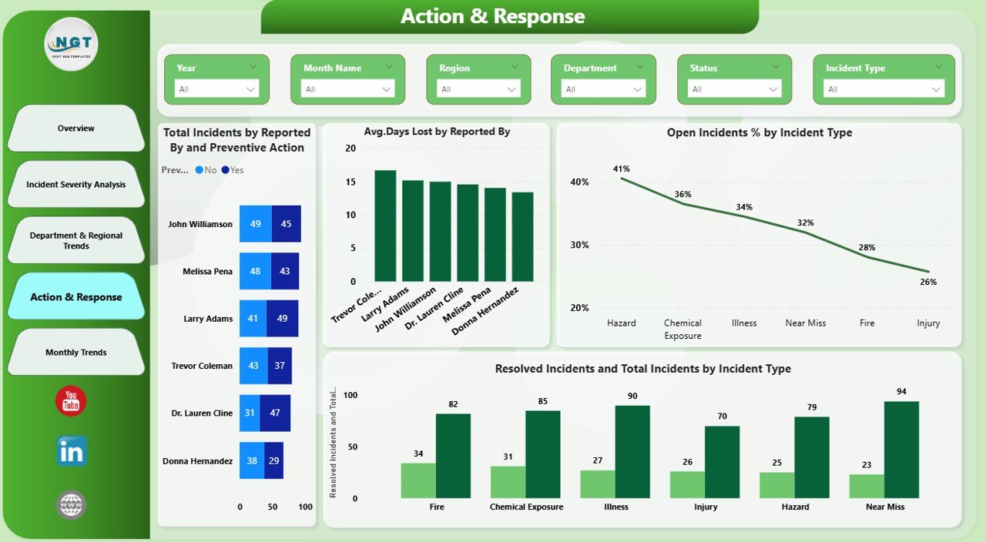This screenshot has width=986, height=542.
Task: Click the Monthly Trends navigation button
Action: click(76, 353)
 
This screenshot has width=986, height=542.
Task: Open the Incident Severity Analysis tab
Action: click(76, 185)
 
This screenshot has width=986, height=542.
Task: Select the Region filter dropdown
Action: click(478, 89)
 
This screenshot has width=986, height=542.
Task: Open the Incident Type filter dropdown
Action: click(884, 89)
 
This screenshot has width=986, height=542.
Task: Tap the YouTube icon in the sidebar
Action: click(71, 401)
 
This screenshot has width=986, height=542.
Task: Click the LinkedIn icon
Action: click(72, 452)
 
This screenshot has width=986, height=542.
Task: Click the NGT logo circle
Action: click(72, 44)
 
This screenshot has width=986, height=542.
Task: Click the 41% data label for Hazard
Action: click(622, 169)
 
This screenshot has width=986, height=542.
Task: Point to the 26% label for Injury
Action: click(928, 282)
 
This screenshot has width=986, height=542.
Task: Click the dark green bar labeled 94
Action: click(901, 450)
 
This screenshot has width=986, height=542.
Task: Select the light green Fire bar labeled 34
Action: click(418, 480)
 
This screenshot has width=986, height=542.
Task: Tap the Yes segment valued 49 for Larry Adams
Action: click(281, 319)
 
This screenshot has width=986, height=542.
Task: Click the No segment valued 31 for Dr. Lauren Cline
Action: click(250, 413)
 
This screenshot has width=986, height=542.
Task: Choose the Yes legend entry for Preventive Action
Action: click(232, 170)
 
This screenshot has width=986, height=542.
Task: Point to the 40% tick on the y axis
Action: click(579, 182)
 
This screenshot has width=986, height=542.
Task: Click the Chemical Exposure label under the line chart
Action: click(682, 329)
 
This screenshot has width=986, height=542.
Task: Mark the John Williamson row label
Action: click(200, 225)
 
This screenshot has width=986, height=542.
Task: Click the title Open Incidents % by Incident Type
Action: click(759, 132)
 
